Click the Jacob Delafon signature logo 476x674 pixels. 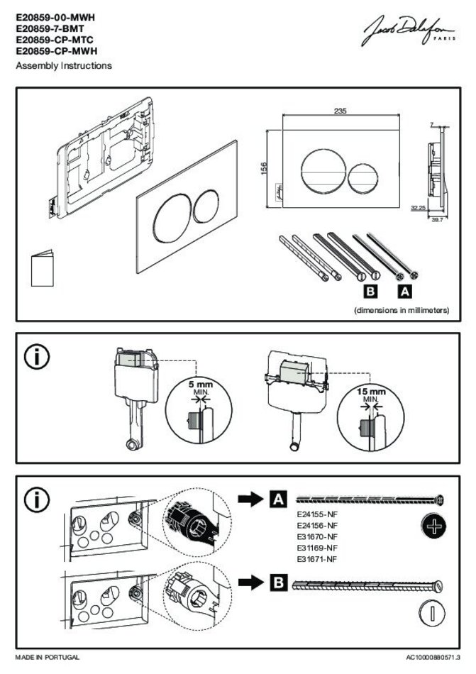click(412, 31)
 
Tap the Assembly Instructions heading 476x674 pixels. click(64, 66)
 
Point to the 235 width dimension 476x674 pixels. click(339, 111)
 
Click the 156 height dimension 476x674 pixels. click(263, 168)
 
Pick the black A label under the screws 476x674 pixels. click(406, 291)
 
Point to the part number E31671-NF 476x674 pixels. click(316, 559)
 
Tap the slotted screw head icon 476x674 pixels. click(431, 613)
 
